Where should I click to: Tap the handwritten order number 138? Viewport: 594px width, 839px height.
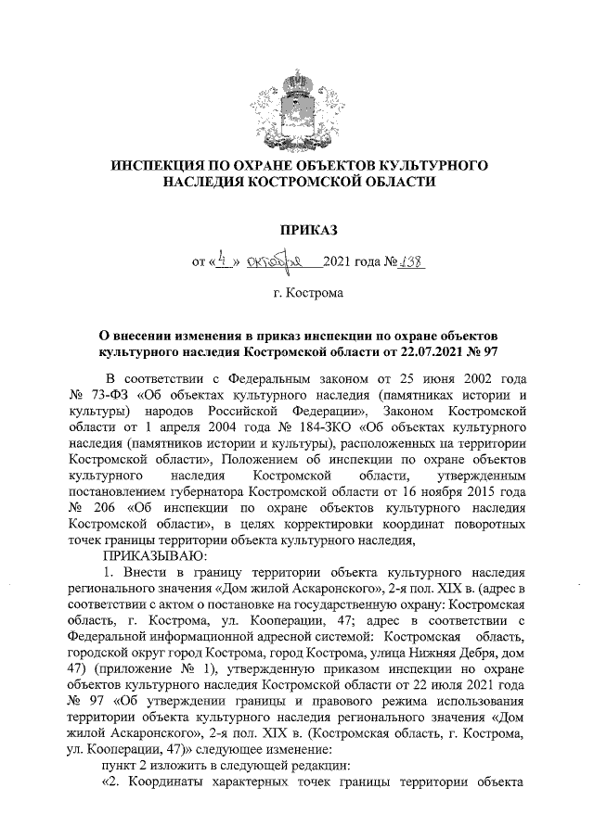pos(408,261)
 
